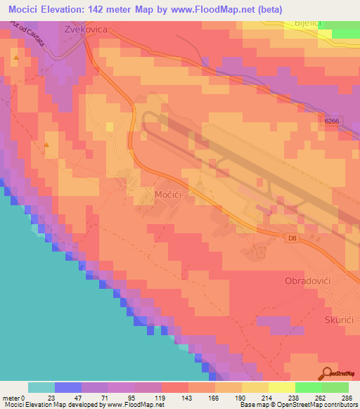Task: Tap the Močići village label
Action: (169, 193)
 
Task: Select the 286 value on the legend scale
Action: (347, 398)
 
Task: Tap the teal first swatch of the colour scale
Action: (41, 388)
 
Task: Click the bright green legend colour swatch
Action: (308, 388)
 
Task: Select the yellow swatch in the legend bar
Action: (281, 388)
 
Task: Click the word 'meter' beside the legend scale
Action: (12, 398)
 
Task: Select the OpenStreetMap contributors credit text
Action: (309, 405)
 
